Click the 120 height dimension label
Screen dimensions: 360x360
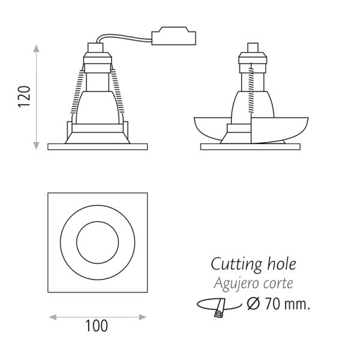24,97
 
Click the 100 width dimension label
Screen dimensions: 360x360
97,326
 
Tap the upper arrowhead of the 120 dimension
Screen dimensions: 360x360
36,49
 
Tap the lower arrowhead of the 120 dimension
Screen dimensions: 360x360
36,146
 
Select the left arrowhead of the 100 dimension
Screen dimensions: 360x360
53,317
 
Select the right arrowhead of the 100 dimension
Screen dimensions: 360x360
143,317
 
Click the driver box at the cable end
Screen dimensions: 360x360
173,36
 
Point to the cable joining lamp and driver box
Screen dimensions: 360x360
124,38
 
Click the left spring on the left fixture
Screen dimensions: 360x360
77,91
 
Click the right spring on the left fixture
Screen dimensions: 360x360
118,91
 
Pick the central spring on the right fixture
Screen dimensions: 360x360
251,89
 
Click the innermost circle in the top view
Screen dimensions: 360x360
98,242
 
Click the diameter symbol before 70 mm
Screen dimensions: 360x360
253,304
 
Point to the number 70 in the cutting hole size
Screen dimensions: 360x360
272,304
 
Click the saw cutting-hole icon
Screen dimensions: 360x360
219,308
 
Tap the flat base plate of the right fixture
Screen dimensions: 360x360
250,147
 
